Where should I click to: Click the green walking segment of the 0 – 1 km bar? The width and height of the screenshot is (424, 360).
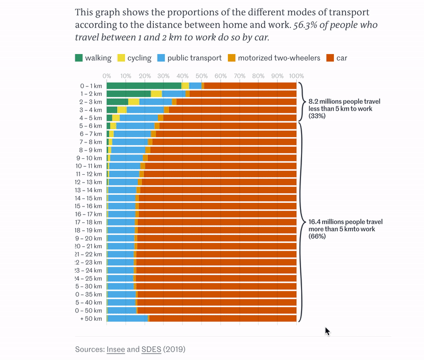[143, 86]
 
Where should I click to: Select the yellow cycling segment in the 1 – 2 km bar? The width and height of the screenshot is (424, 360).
[156, 94]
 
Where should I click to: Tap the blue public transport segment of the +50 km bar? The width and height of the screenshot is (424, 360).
[127, 318]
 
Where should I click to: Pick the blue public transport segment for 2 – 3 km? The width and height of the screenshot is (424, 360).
[155, 102]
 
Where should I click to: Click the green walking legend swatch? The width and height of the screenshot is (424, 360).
[79, 58]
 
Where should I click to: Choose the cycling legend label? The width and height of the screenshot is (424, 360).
[139, 58]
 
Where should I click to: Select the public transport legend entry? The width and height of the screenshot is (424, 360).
[194, 58]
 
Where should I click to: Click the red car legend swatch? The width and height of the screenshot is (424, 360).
[330, 58]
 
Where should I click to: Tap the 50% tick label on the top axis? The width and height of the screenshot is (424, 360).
[201, 76]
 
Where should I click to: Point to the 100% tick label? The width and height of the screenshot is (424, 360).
[296, 76]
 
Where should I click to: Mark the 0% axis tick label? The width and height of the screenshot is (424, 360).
[107, 76]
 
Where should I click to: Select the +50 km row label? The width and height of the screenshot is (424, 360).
[91, 319]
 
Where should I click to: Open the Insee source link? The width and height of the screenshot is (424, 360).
[116, 349]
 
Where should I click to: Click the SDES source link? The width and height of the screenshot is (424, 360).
[151, 349]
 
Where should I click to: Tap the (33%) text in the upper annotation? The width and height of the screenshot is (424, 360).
[316, 115]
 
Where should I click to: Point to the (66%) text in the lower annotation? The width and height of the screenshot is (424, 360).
[317, 236]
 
